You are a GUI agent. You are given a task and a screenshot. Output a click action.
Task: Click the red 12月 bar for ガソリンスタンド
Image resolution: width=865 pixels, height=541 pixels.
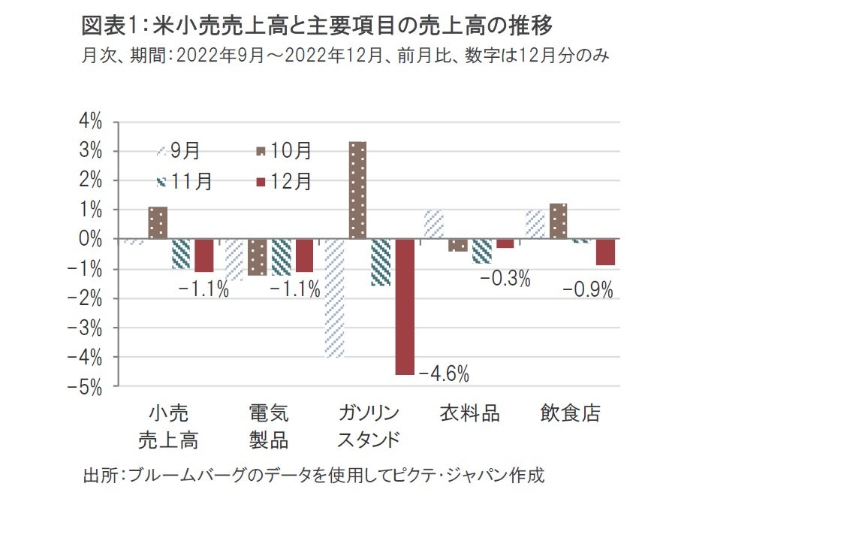click(405, 307)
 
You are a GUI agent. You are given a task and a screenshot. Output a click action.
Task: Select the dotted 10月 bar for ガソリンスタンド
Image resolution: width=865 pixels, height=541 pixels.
click(357, 190)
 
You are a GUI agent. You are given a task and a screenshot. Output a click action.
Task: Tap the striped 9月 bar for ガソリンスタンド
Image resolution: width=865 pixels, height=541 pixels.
click(334, 298)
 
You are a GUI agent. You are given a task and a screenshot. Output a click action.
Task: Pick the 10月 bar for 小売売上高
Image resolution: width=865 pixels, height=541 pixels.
click(158, 223)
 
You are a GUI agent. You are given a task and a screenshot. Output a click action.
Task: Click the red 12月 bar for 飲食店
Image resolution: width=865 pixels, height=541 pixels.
click(606, 252)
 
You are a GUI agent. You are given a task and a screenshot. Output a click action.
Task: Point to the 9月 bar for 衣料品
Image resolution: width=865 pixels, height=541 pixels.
click(433, 225)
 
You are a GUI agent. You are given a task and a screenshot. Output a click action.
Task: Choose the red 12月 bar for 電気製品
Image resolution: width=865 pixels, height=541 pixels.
click(304, 255)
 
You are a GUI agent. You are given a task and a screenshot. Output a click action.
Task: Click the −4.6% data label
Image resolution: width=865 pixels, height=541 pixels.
click(444, 373)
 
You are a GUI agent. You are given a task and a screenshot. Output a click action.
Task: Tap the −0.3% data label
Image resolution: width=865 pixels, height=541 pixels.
click(505, 279)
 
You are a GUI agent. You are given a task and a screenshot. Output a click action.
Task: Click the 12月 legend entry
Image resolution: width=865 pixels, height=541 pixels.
click(282, 182)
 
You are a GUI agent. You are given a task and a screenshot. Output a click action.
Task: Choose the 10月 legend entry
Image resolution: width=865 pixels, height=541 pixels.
click(282, 151)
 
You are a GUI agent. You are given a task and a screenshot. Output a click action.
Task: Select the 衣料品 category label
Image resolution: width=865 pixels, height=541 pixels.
click(469, 414)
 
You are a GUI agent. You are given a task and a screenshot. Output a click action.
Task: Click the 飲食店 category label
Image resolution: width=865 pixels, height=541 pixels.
click(571, 414)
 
